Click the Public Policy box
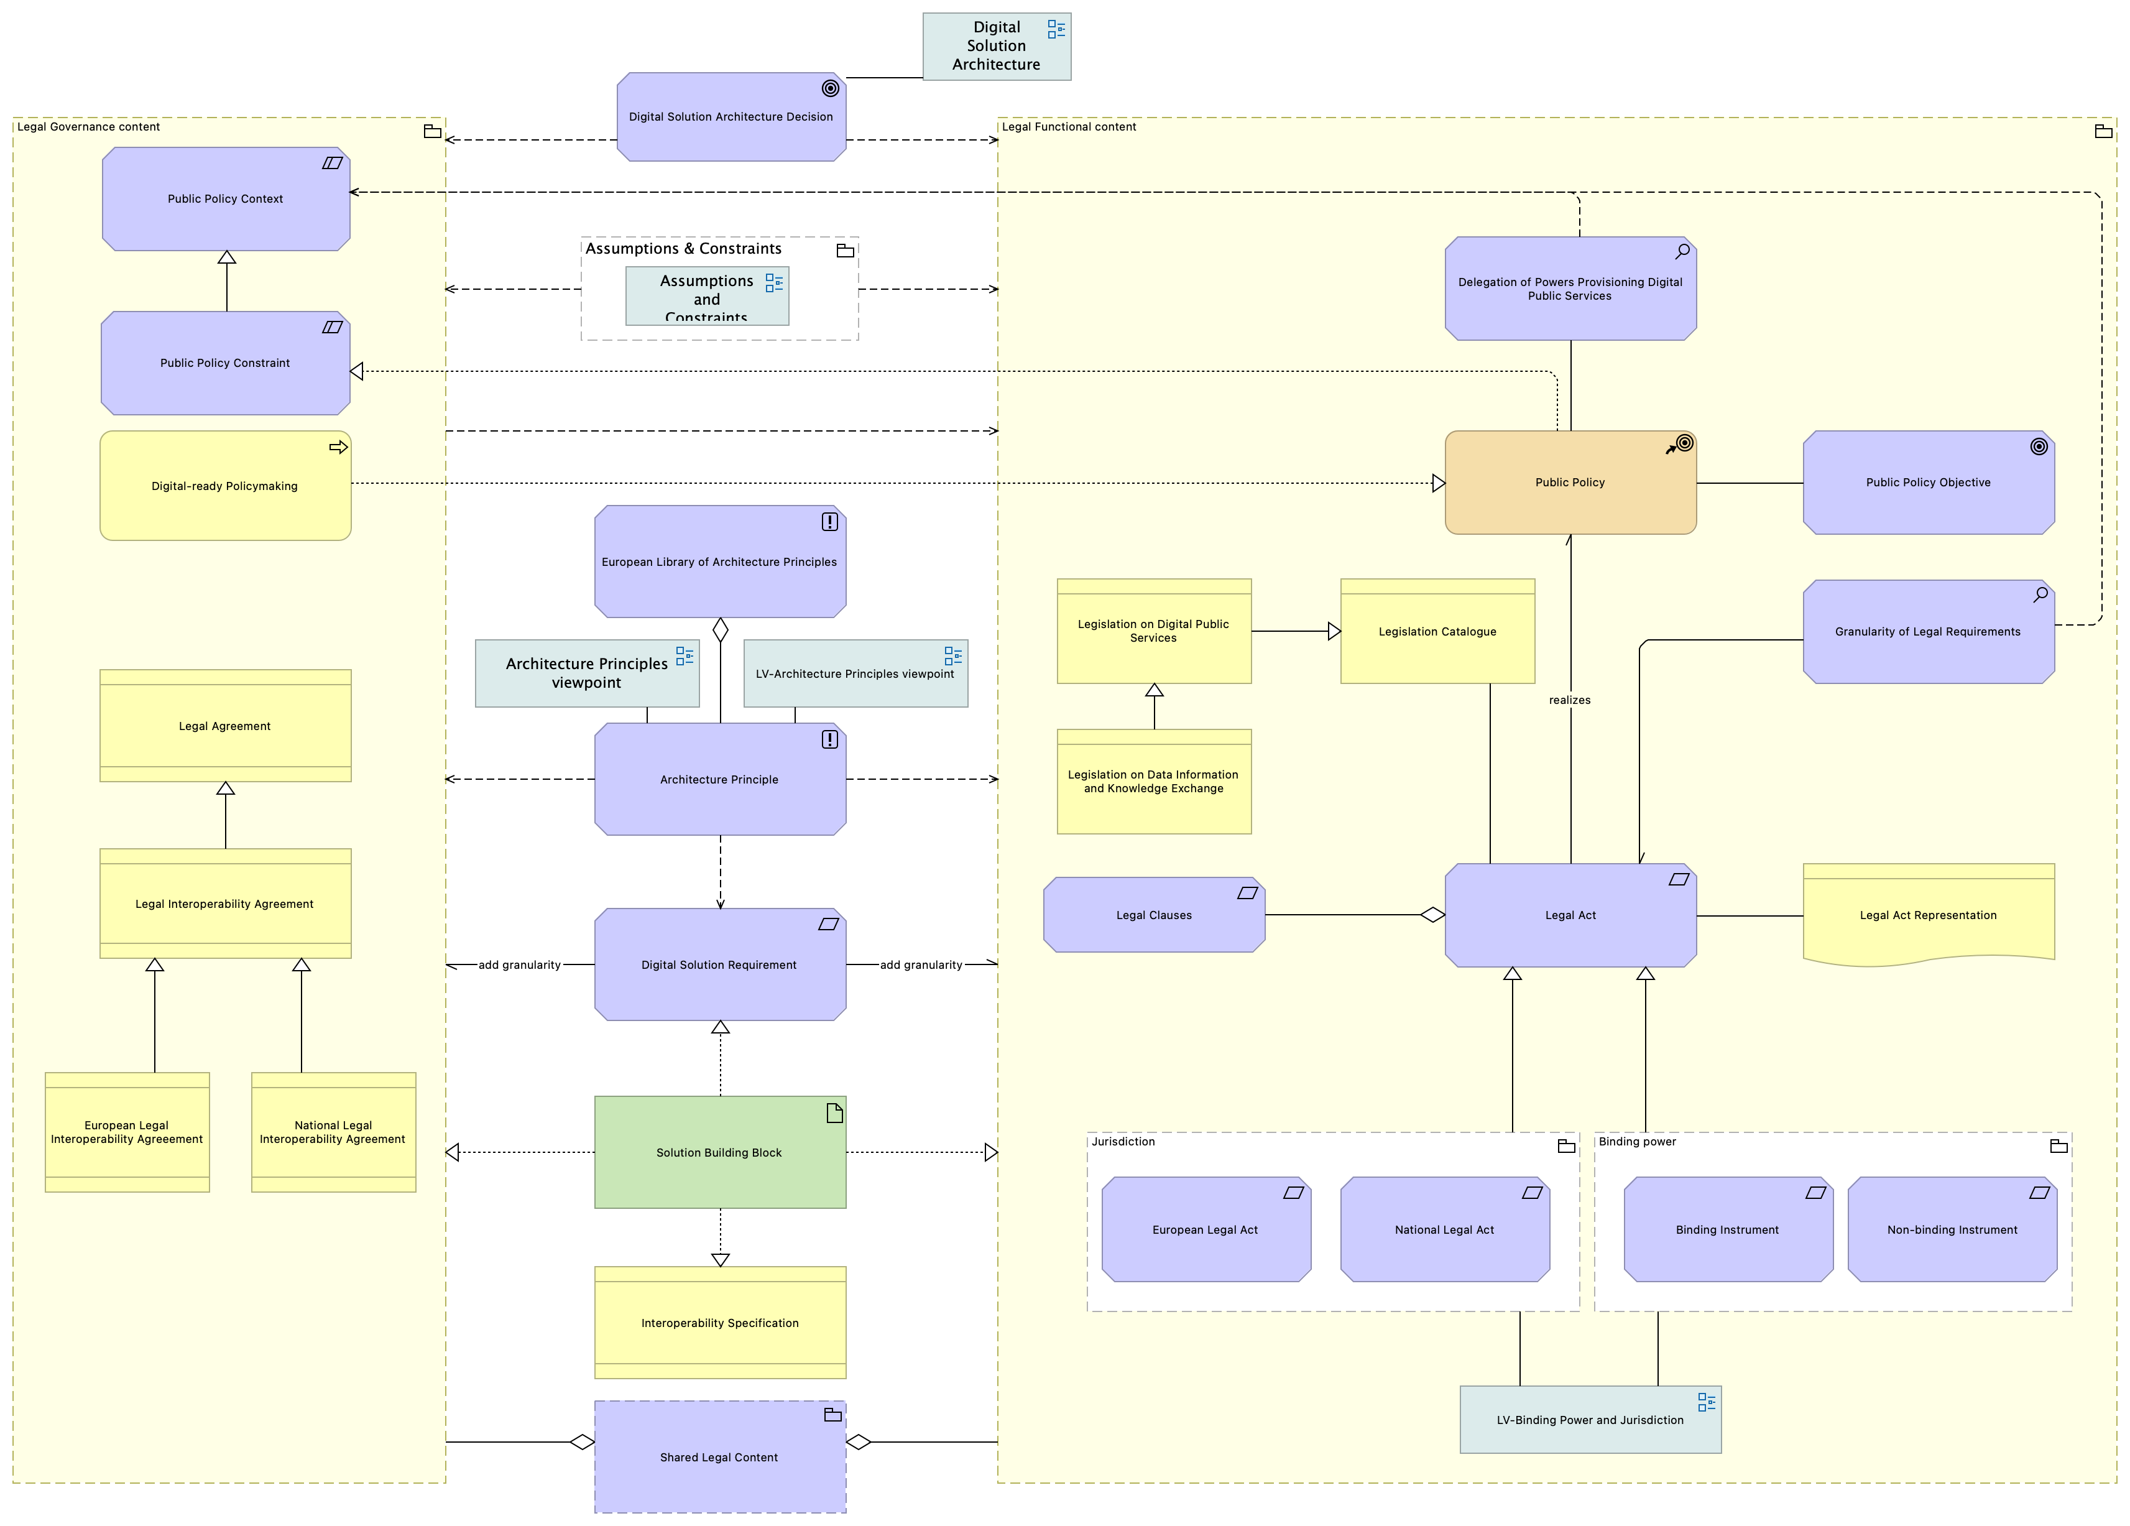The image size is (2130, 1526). pos(1570,483)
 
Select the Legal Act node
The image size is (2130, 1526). pos(1570,915)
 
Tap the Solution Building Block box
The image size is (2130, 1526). pos(721,1152)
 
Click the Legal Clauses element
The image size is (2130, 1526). pos(1155,915)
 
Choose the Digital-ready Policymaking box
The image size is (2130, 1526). pos(226,486)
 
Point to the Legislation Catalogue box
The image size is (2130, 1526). pos(1438,631)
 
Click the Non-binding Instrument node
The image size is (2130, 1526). pos(1952,1229)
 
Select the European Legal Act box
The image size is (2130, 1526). pos(1206,1229)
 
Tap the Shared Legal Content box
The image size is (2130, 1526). pos(721,1456)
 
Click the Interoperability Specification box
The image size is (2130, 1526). pos(721,1322)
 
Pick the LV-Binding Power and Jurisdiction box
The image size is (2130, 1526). pos(1590,1420)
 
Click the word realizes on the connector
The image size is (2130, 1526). pos(1570,700)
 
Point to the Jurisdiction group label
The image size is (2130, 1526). pos(1123,1142)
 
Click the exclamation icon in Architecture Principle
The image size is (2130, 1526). pos(830,739)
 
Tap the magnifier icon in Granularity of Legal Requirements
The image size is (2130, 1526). pos(2040,595)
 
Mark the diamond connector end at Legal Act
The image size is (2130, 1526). pos(1432,915)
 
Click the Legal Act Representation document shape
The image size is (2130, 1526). pos(1929,915)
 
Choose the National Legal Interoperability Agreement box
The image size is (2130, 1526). pos(333,1132)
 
